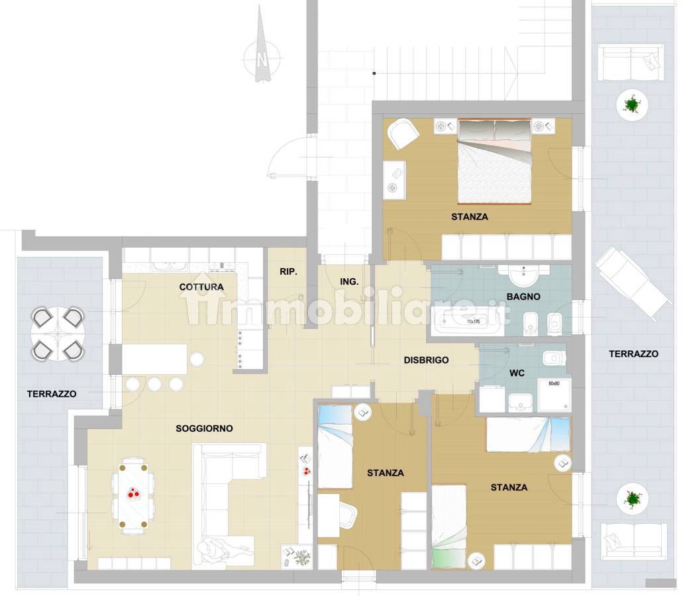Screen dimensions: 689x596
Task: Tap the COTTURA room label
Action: [201, 287]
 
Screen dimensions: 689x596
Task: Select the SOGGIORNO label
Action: [204, 428]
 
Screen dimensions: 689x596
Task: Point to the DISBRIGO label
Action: [426, 360]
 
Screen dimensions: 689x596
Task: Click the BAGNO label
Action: [523, 297]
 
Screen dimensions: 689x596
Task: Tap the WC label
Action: [517, 373]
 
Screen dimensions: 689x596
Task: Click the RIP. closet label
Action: [288, 272]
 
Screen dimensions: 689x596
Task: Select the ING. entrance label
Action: [349, 281]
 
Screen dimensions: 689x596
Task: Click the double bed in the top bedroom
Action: [494, 161]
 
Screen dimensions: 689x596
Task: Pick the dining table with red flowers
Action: [134, 495]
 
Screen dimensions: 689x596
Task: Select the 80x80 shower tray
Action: [555, 395]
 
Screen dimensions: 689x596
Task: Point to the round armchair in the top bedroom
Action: [402, 132]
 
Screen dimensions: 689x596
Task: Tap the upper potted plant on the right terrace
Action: [632, 105]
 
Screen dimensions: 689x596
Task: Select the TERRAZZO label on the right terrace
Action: [633, 354]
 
